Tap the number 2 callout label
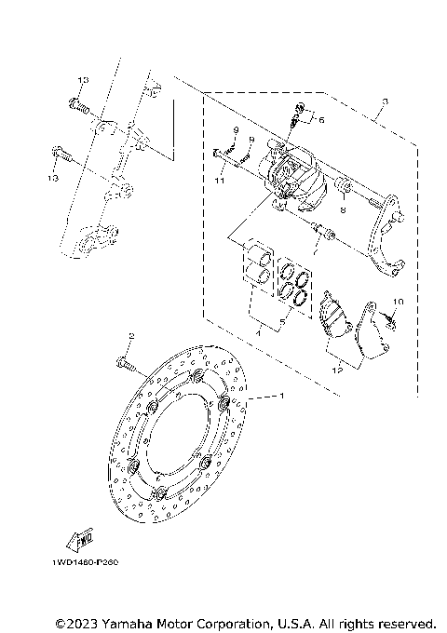click(x=132, y=336)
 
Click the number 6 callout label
click(x=322, y=120)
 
